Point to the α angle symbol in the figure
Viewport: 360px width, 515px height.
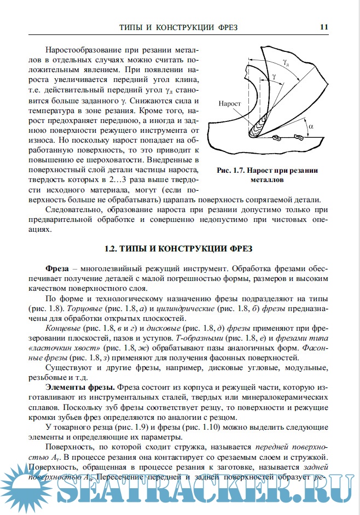(x=311, y=126)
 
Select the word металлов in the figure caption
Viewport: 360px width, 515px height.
(x=267, y=179)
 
